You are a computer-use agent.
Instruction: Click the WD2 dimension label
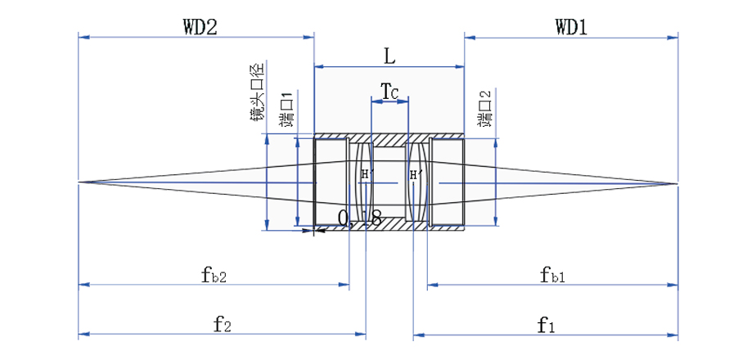pyautogui.click(x=199, y=26)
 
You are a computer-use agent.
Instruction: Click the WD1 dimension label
pyautogui.click(x=571, y=26)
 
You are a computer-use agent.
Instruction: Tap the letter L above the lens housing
pyautogui.click(x=389, y=56)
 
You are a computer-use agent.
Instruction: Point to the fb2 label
pyautogui.click(x=213, y=275)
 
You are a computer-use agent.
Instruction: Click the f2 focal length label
pyautogui.click(x=222, y=325)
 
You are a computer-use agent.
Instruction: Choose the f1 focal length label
pyautogui.click(x=546, y=325)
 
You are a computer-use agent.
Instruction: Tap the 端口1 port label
pyautogui.click(x=286, y=110)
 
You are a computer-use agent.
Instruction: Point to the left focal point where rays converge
pyautogui.click(x=79, y=182)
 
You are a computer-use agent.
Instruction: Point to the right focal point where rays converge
pyautogui.click(x=677, y=182)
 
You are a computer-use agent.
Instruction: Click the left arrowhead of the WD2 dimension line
pyautogui.click(x=82, y=36)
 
